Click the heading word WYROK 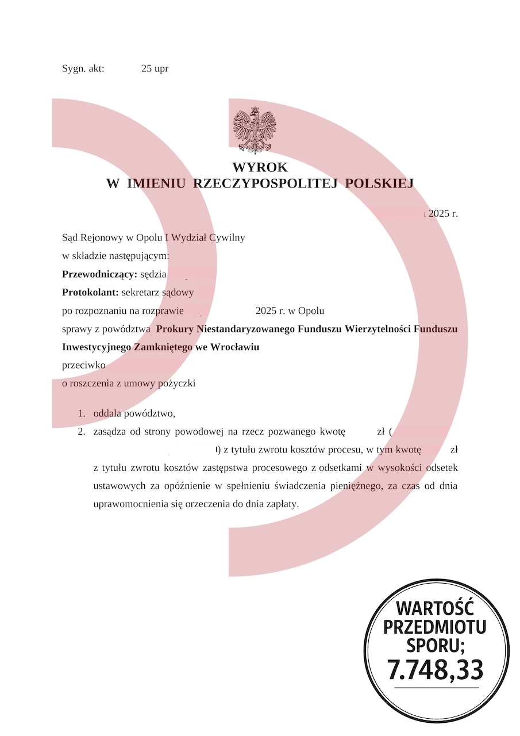[x=260, y=167]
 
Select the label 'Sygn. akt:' [x=83, y=68]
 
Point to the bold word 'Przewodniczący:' [x=99, y=274]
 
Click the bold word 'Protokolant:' [x=90, y=293]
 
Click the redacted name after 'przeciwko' [x=166, y=366]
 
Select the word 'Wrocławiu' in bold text [x=235, y=347]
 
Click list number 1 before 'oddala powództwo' [x=82, y=413]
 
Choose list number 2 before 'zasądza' [x=82, y=431]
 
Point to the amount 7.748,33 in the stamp [x=435, y=669]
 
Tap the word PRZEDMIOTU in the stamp [x=435, y=627]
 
